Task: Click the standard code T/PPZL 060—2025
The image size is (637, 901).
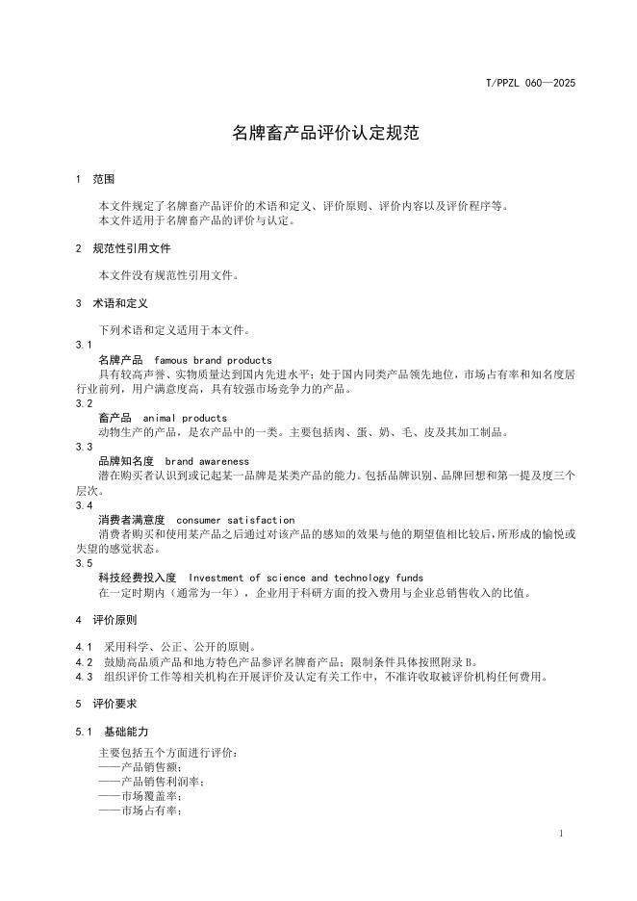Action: tap(529, 84)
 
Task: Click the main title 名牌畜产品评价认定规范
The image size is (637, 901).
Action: tap(326, 134)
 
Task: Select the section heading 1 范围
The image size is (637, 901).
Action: tap(95, 179)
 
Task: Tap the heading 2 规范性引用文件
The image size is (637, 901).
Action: tap(122, 247)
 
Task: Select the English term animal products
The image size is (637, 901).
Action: tap(185, 418)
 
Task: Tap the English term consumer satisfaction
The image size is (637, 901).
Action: tap(236, 520)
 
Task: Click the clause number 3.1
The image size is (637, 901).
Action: tap(84, 345)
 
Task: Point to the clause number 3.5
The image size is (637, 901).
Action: tap(84, 563)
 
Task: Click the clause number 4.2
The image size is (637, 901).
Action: tap(84, 661)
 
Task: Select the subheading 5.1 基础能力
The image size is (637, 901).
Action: tap(113, 732)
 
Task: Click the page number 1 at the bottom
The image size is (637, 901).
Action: tap(560, 833)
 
